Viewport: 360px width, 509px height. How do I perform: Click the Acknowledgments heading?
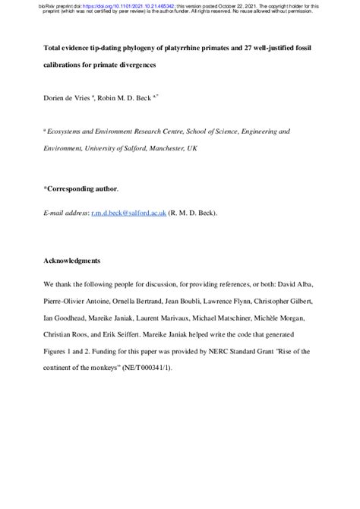tap(71, 261)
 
